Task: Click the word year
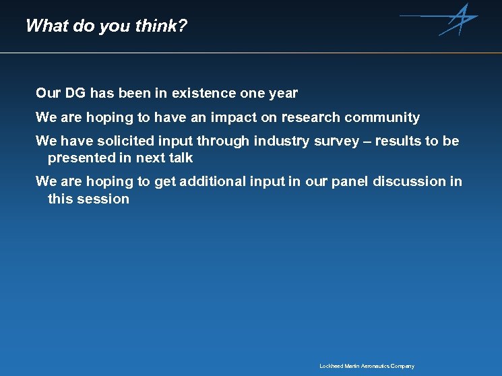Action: [x=282, y=93]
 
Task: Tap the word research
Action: [x=311, y=117]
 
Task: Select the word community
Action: [x=382, y=117]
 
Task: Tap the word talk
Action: [x=181, y=158]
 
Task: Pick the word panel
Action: [x=348, y=181]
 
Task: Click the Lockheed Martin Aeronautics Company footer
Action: [x=367, y=366]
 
